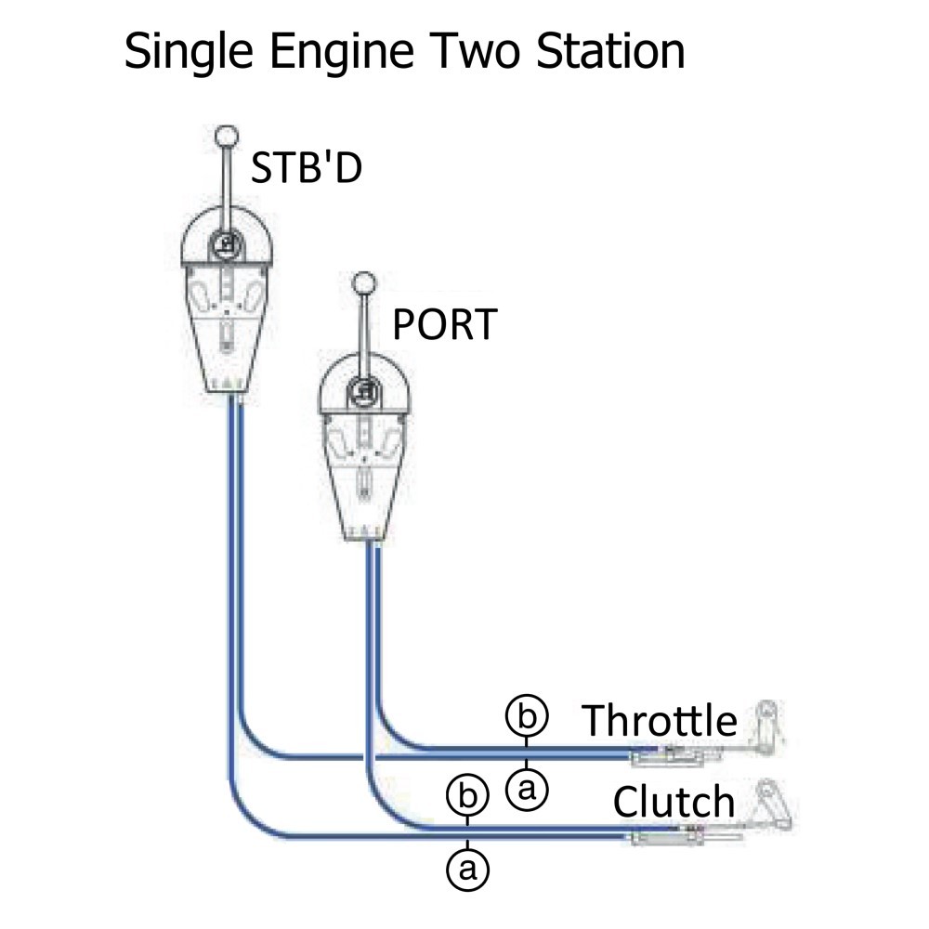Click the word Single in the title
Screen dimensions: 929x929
tap(183, 53)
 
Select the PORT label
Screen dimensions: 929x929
tap(443, 325)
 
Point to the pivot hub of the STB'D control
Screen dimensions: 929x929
tap(227, 244)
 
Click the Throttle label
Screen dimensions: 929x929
tap(660, 721)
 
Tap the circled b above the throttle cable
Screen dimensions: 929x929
tap(527, 717)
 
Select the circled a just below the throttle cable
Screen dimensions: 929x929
tap(527, 790)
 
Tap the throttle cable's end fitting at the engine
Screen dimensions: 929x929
tap(664, 757)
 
